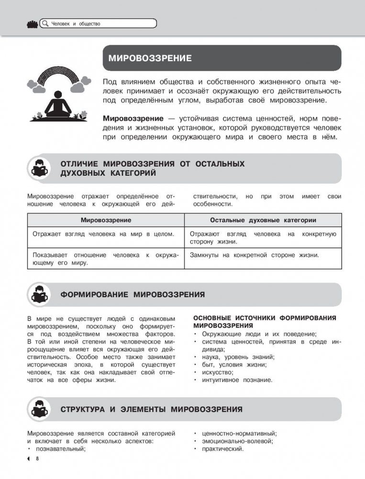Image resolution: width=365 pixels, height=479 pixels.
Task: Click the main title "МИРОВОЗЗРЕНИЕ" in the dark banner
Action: (x=150, y=59)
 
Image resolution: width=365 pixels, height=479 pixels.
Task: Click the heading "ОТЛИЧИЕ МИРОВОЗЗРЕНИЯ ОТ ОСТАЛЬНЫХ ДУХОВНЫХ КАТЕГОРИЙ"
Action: (x=153, y=168)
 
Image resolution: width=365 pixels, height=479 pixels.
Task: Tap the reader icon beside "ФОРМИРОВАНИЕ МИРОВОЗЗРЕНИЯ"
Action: (x=41, y=294)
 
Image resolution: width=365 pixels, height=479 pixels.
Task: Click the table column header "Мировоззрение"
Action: (x=106, y=220)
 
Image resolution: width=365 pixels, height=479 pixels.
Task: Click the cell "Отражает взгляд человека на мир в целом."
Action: (x=103, y=234)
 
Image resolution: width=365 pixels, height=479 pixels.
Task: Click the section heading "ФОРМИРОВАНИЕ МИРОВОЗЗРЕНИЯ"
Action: (x=133, y=295)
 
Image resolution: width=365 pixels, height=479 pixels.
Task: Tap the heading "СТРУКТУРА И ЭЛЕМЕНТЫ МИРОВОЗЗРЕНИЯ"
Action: (x=151, y=410)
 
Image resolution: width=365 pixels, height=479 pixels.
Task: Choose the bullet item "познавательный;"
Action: (x=60, y=449)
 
